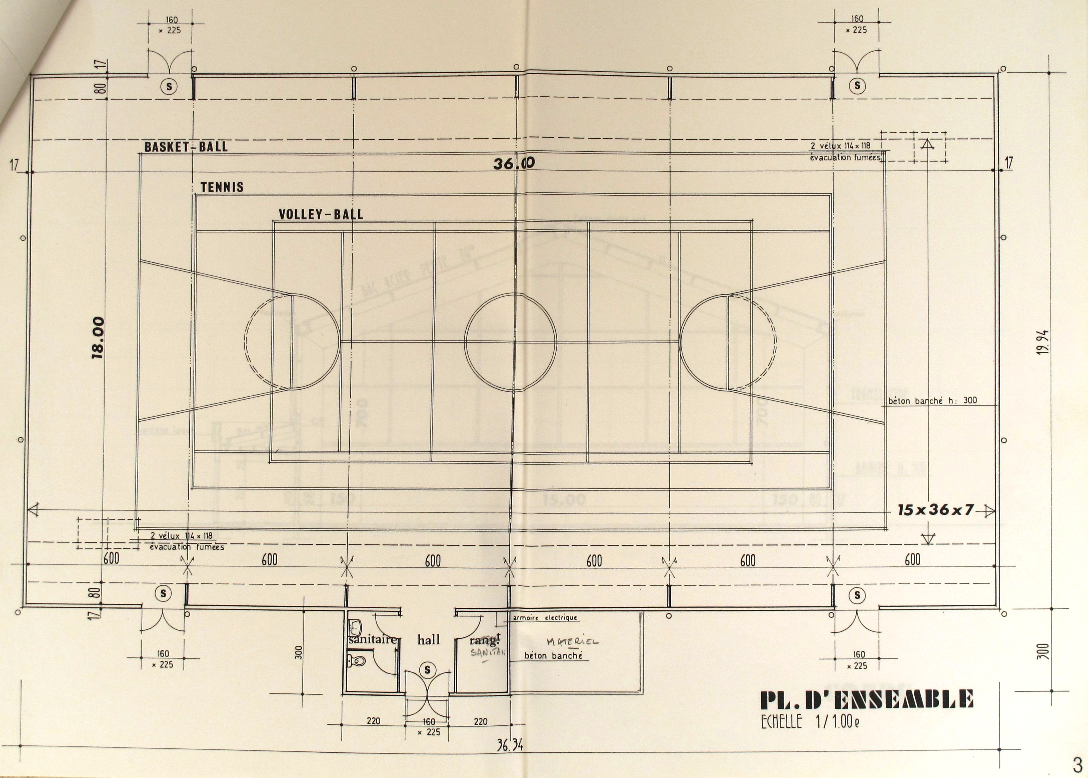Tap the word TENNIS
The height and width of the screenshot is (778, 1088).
tap(222, 187)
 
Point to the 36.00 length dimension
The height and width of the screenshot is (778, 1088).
tap(514, 164)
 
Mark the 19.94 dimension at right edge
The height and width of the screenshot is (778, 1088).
tap(1042, 342)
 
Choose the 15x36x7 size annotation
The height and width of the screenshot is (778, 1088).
tap(936, 510)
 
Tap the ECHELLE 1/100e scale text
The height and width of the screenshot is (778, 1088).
tap(810, 722)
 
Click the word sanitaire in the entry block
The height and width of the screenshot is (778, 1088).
tap(372, 640)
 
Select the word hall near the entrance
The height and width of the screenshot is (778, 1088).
tap(428, 640)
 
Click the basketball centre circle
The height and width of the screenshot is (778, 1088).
tap(510, 342)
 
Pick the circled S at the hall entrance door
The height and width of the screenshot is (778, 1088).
tap(427, 670)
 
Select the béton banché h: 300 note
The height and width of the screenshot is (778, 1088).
tap(932, 400)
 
